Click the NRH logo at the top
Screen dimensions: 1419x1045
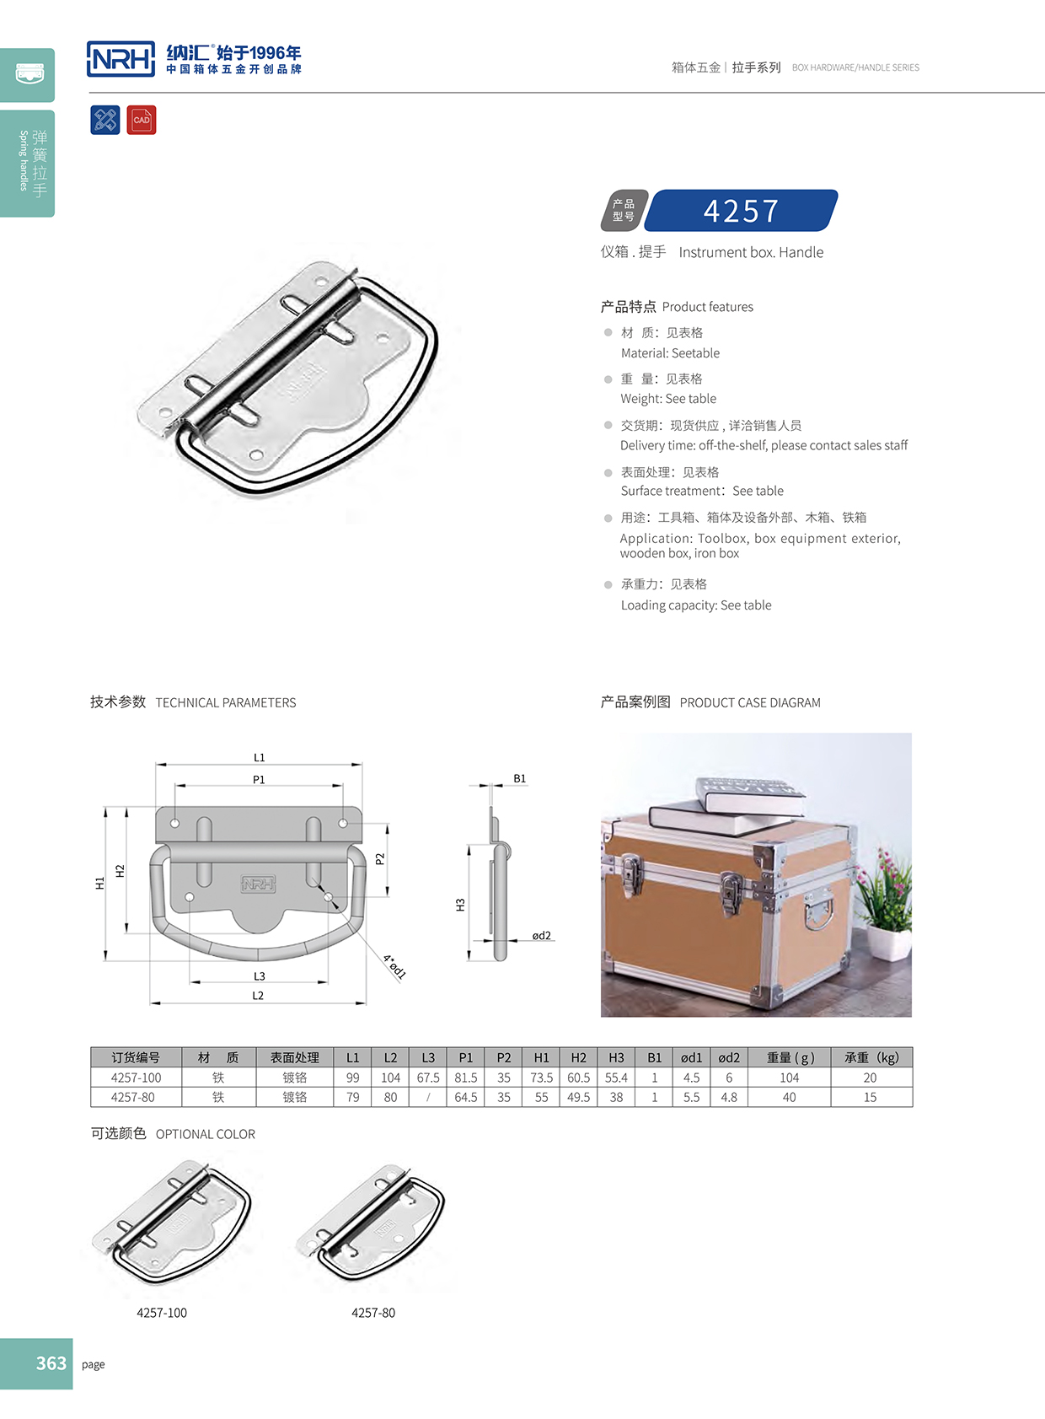(x=121, y=59)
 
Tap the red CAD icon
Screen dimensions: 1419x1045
(x=142, y=120)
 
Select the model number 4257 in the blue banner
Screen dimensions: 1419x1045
(x=741, y=211)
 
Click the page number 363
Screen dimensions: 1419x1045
(x=51, y=1363)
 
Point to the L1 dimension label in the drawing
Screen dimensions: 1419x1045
(x=259, y=757)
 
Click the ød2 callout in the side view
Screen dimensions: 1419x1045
(x=541, y=935)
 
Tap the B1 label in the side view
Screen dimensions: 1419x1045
(x=519, y=778)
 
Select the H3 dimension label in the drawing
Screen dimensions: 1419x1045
(x=460, y=905)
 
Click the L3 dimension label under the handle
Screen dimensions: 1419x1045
(x=259, y=976)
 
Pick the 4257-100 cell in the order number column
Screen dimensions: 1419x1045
(x=136, y=1078)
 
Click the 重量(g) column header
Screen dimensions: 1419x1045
(x=790, y=1057)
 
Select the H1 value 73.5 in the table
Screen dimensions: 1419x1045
(x=541, y=1078)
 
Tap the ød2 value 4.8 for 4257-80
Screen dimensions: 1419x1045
(x=729, y=1097)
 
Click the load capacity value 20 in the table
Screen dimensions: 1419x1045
(x=870, y=1078)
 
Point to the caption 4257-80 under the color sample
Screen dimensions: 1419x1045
(x=373, y=1312)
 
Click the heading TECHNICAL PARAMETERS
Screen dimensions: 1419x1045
(x=225, y=702)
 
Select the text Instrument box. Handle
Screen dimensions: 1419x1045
(x=751, y=252)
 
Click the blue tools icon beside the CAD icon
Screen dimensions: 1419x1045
(x=105, y=120)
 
